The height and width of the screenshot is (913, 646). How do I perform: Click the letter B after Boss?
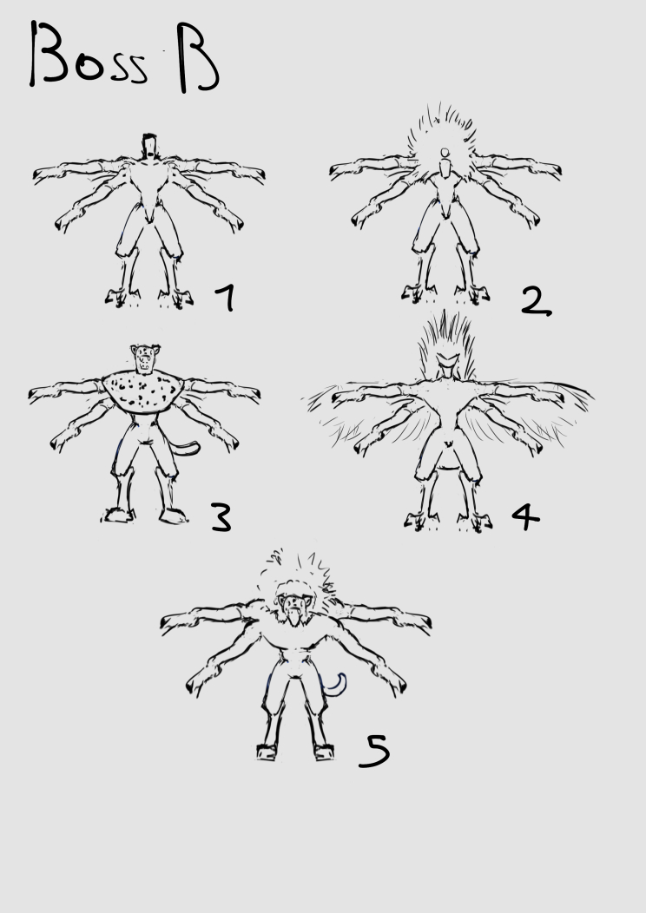click(198, 57)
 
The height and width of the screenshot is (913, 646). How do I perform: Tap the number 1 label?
click(226, 298)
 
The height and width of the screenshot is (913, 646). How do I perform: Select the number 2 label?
click(536, 302)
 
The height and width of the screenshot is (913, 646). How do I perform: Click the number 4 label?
click(526, 516)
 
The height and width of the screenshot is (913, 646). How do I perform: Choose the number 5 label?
click(374, 750)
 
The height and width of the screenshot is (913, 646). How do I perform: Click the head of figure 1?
click(149, 146)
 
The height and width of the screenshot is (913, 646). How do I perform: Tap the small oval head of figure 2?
click(445, 153)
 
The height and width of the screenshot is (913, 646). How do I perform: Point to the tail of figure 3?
click(187, 449)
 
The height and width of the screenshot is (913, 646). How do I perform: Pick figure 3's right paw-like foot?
click(173, 515)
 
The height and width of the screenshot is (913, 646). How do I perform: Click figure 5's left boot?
click(266, 752)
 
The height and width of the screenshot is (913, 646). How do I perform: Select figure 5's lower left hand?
click(199, 683)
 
